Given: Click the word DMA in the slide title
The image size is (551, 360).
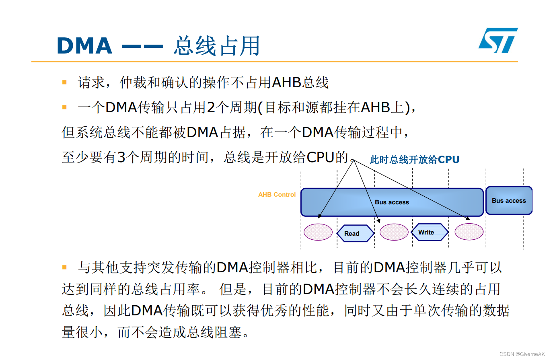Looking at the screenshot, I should (x=84, y=45).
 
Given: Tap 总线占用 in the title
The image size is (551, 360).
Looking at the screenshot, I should (x=217, y=45).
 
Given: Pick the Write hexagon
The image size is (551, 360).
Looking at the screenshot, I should (x=430, y=232).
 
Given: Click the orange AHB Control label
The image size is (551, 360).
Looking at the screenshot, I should (x=277, y=195).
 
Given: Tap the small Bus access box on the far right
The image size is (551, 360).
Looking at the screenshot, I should (x=509, y=200).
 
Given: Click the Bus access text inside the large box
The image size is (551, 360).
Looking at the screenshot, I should (x=392, y=202).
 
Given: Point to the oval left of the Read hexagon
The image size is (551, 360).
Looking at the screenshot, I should (x=318, y=232).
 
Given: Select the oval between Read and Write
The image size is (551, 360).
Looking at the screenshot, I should (x=394, y=232).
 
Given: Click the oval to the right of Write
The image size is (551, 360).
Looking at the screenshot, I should (x=469, y=232).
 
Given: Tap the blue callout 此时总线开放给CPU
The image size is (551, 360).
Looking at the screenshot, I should (x=414, y=160).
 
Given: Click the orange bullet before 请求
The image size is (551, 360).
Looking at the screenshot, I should (x=64, y=82).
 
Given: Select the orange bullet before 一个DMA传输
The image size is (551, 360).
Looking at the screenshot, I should (x=64, y=107).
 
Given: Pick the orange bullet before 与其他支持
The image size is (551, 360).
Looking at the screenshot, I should (x=64, y=267).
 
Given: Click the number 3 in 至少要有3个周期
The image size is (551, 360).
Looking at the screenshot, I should (x=121, y=157).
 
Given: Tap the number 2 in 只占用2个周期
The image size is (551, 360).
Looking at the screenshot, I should (x=212, y=107).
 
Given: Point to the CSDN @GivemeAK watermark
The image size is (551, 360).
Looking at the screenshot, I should (x=522, y=354).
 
